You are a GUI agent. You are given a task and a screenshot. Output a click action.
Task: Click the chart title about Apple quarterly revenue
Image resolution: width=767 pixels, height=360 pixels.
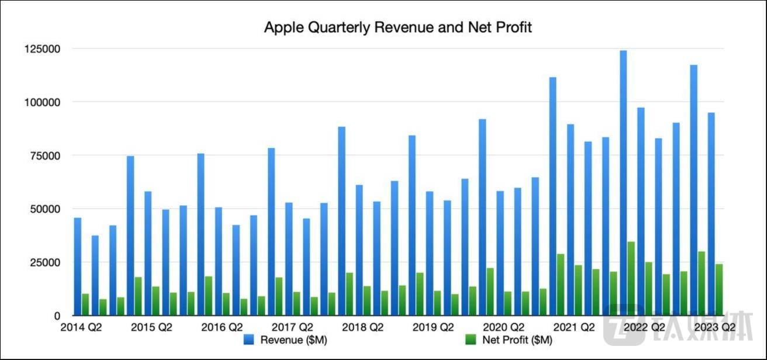[398, 27]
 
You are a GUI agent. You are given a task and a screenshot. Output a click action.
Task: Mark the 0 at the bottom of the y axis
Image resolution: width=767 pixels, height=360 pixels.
[57, 316]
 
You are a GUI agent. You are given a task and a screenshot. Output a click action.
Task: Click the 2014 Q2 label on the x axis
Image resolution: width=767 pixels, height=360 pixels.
[81, 327]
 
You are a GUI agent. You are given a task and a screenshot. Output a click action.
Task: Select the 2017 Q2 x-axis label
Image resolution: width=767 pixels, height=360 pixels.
[292, 327]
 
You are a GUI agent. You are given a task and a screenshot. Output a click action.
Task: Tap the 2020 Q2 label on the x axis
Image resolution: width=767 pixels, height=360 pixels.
[503, 327]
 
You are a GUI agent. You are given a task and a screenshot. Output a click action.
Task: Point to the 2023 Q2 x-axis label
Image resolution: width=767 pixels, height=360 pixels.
[714, 327]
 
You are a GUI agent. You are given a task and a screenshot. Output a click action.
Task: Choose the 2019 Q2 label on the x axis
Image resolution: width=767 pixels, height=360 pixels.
[433, 327]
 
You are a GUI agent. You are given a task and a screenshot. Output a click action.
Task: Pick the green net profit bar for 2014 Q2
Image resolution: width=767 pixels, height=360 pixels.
[85, 304]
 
